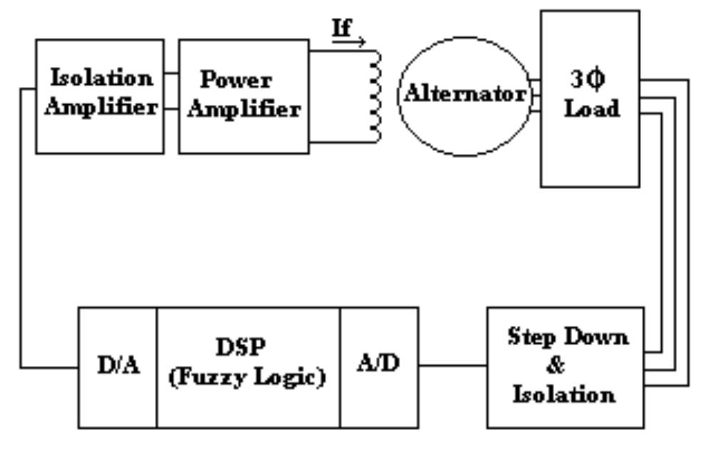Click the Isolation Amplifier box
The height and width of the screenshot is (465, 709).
[x=99, y=96]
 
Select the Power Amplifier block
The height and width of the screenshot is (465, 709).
[x=243, y=96]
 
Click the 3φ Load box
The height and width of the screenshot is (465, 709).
[x=590, y=98]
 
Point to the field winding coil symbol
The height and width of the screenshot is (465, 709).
[x=374, y=96]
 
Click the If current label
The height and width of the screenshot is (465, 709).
[x=343, y=28]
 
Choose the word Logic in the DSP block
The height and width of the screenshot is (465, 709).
[x=293, y=377]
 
